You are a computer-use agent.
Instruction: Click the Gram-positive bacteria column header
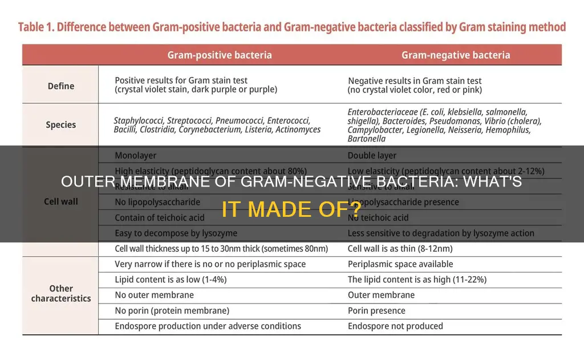pos(220,55)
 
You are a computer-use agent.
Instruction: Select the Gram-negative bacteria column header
pos(456,55)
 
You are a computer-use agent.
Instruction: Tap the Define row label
pos(60,86)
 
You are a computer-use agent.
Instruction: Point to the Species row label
pos(60,125)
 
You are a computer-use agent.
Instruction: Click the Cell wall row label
pos(60,201)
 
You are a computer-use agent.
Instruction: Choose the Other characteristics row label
pos(60,293)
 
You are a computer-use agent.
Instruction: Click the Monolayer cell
pos(135,155)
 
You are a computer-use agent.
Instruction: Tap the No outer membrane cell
pos(154,295)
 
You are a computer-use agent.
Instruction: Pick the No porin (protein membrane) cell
pos(172,311)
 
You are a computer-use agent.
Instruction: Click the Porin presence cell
pos(376,311)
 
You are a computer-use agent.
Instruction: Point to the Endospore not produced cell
pos(395,326)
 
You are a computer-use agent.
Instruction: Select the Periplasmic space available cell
pos(400,264)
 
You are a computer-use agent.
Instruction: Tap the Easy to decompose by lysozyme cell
pos(176,233)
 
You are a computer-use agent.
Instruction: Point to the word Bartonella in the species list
pos(367,139)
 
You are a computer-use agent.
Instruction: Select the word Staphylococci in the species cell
pos(139,120)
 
